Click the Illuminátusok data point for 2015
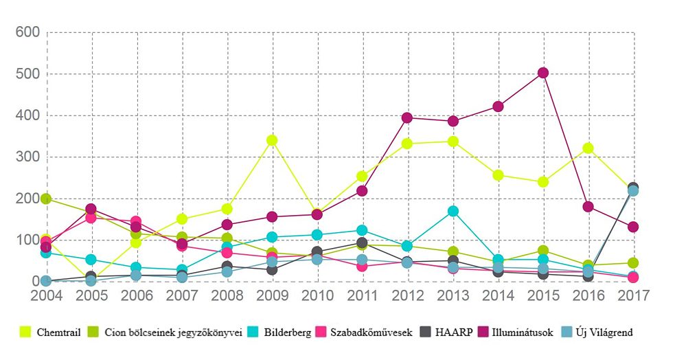click(x=542, y=73)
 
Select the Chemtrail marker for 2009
click(x=272, y=140)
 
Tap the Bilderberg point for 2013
click(x=453, y=211)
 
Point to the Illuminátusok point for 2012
click(x=407, y=117)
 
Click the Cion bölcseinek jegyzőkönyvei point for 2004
click(x=46, y=199)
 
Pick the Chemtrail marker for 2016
click(x=588, y=148)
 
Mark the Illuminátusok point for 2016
click(x=588, y=206)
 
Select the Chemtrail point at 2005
click(x=91, y=279)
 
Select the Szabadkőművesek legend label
click(x=370, y=333)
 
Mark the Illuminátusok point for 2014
click(x=498, y=106)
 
